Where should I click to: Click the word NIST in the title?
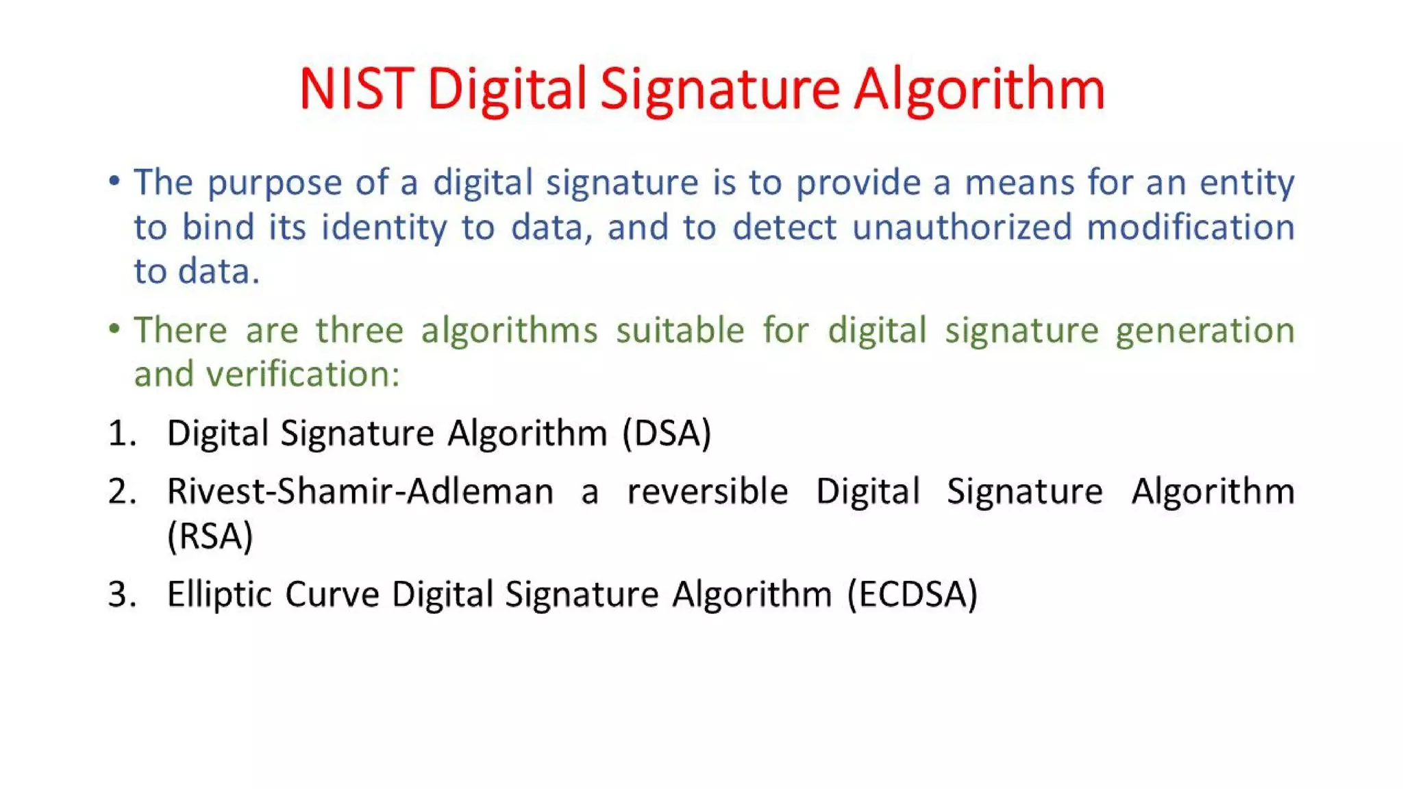coord(356,89)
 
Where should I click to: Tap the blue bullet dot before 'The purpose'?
coord(114,181)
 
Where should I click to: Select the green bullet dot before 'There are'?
coord(114,329)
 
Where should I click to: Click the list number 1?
coord(122,434)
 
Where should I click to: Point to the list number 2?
coord(122,492)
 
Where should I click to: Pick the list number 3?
coord(122,594)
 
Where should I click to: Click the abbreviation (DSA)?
coord(667,434)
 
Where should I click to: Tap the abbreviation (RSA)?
coord(210,536)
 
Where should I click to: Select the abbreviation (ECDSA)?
coord(912,594)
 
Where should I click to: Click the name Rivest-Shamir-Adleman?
coord(360,492)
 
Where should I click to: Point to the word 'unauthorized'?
coord(962,227)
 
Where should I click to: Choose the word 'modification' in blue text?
coord(1191,227)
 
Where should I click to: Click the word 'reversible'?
coord(708,492)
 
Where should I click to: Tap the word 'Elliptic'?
coord(219,594)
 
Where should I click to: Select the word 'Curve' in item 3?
coord(332,594)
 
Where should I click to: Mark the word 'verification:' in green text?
coord(303,375)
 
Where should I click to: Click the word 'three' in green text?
coord(360,330)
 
